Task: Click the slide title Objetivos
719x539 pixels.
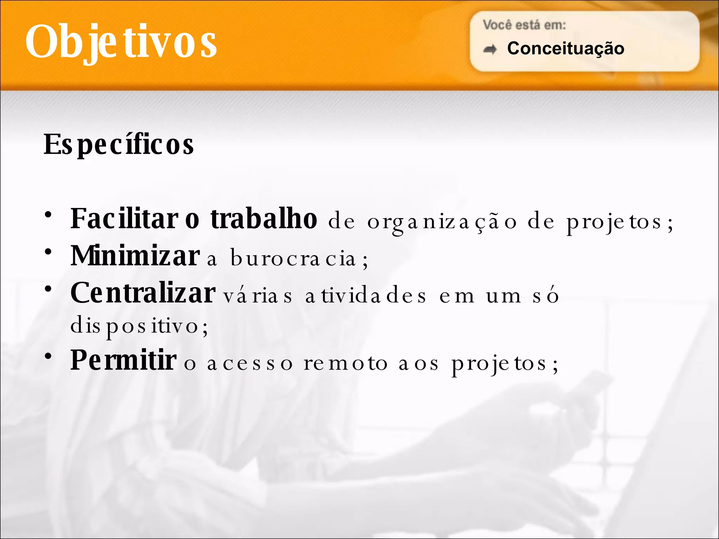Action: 121,41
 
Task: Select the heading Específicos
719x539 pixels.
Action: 119,144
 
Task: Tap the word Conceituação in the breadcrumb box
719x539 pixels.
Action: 566,48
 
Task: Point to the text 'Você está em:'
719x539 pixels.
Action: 524,25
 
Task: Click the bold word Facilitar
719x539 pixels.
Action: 125,219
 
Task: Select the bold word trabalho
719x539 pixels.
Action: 264,219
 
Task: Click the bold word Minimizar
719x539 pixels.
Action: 135,256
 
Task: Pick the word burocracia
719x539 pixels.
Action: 293,259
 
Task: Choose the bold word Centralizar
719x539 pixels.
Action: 143,293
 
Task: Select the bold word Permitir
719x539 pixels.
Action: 124,360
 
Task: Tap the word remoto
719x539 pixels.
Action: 346,364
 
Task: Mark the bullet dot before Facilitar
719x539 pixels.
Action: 48,214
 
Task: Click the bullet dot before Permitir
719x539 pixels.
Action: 48,356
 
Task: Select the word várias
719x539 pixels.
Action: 257,296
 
